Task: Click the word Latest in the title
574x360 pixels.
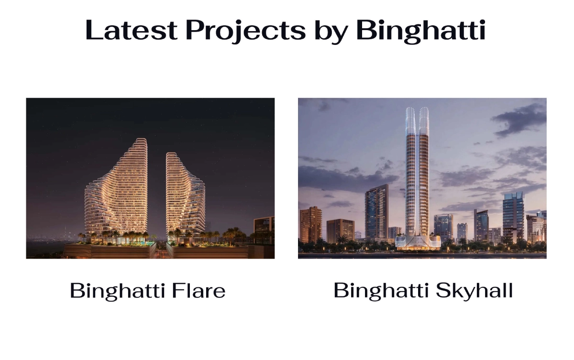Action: point(131,30)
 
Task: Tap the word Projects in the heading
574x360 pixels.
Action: point(245,31)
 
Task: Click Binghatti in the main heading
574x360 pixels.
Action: point(421,31)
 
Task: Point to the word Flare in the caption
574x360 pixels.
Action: point(199,290)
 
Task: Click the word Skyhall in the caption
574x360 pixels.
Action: point(475,291)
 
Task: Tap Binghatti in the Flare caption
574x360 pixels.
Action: point(117,291)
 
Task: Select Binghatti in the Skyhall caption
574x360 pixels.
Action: point(381,291)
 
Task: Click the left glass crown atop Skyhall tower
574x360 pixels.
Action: point(411,120)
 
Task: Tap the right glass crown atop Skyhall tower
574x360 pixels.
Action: point(424,120)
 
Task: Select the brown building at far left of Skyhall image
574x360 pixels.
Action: point(310,225)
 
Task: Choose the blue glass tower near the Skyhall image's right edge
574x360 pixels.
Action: point(513,217)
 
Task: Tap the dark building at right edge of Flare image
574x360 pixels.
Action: point(264,230)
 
